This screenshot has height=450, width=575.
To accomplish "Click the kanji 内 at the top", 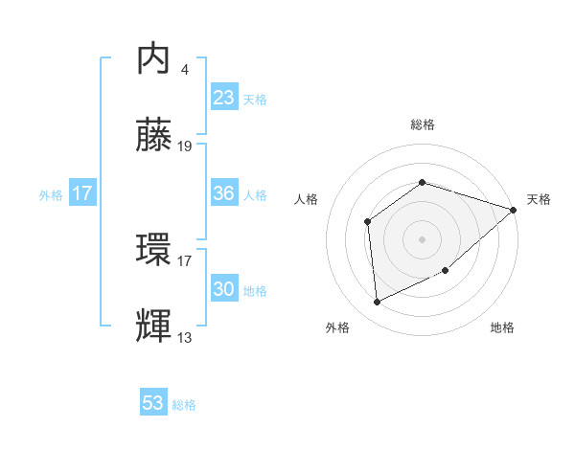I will tap(155, 59).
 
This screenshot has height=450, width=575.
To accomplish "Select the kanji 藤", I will tap(155, 138).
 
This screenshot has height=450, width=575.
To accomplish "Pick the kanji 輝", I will tap(155, 326).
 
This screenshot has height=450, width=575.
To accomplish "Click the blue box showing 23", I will tap(223, 98).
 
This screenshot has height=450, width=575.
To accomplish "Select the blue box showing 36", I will tap(223, 193).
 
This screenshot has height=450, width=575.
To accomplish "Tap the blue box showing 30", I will tap(223, 289).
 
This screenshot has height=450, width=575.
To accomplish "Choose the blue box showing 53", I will tap(153, 403).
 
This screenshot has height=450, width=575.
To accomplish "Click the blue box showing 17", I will tap(82, 193).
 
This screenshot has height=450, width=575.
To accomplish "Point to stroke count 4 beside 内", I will tap(184, 69).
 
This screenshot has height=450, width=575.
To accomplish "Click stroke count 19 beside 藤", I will tap(185, 146).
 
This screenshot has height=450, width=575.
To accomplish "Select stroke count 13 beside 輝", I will tap(185, 336).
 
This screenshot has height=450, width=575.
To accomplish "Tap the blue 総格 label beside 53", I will tap(184, 405).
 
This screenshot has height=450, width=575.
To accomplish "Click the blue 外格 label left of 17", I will tap(51, 195).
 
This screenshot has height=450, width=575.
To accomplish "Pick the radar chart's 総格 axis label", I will tap(423, 125).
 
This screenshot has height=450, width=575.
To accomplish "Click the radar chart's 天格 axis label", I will tap(540, 199).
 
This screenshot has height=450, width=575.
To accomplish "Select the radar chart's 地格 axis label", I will tap(502, 327).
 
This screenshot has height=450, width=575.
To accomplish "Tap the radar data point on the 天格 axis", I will tap(515, 210).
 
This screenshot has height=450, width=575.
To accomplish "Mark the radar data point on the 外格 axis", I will tap(378, 302).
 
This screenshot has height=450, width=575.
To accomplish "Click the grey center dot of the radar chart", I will tap(422, 238).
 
